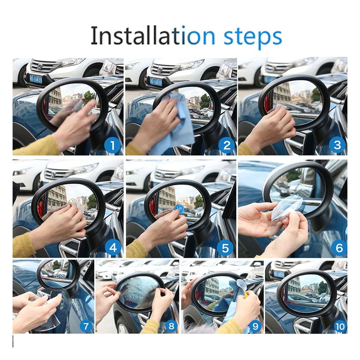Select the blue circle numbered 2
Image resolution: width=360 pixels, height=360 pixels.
tap(226, 145)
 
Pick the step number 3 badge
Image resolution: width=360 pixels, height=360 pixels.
tap(337, 145)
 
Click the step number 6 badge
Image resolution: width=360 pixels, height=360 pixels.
tap(338, 248)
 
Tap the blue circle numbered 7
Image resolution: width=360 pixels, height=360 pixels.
tap(86, 326)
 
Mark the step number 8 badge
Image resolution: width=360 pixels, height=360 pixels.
tap(171, 326)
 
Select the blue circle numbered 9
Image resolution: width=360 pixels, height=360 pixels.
tap(255, 326)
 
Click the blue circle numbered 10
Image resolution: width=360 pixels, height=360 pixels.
tap(338, 326)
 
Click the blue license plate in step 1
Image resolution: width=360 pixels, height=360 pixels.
tap(36, 79)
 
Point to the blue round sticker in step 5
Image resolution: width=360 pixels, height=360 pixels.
tap(178, 208)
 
